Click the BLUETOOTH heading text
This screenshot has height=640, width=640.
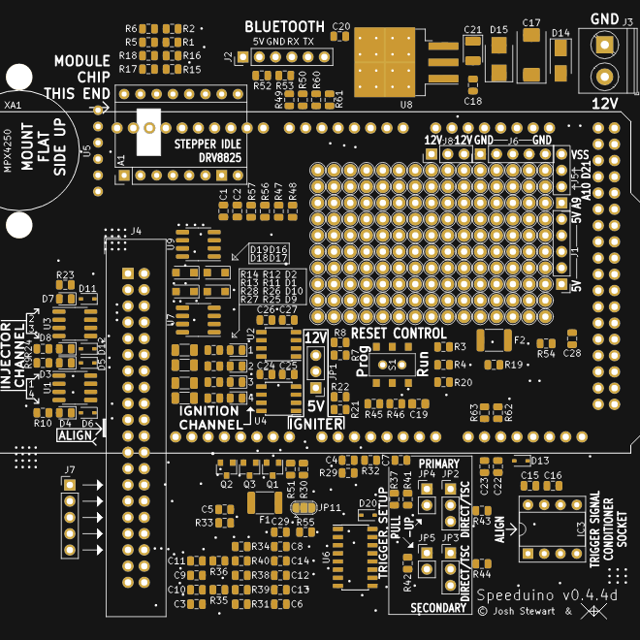click(x=284, y=26)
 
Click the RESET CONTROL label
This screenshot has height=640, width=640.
click(x=399, y=334)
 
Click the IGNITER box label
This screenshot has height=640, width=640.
click(x=316, y=424)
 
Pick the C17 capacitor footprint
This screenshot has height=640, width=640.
click(x=531, y=61)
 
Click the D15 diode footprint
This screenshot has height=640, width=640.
click(x=498, y=61)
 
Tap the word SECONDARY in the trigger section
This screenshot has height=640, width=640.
click(x=437, y=608)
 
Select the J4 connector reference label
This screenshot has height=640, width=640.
click(x=136, y=231)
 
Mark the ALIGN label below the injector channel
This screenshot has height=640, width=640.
click(x=74, y=437)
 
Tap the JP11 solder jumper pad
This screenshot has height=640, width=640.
click(x=303, y=507)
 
